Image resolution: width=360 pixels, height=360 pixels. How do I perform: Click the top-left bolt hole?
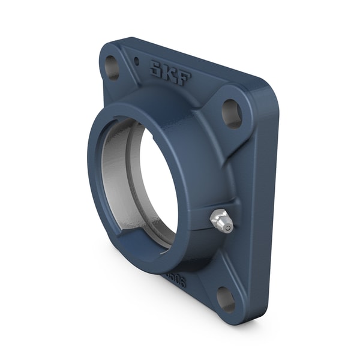[x=112, y=67]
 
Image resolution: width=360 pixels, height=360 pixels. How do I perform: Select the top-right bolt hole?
[x=232, y=113]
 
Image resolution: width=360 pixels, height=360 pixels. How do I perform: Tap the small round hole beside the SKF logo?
[x=136, y=61]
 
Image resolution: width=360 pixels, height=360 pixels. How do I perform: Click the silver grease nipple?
[x=221, y=221]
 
